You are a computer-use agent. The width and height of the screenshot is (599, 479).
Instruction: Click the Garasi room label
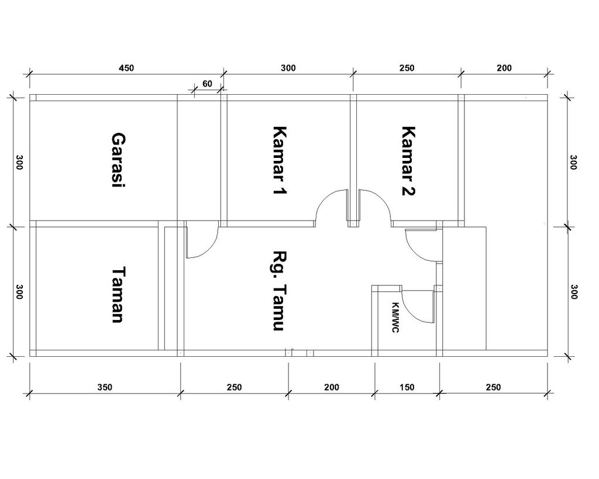(118, 160)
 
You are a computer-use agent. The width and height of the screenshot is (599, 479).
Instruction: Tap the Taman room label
(118, 295)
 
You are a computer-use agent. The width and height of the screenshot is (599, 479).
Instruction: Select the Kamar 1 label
(280, 160)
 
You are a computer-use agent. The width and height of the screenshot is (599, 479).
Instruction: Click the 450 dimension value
(126, 68)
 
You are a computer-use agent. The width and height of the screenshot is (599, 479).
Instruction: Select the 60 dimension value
(207, 84)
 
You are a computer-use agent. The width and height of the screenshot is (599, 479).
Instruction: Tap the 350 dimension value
(105, 387)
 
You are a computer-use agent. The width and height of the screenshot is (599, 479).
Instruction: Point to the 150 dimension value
(407, 387)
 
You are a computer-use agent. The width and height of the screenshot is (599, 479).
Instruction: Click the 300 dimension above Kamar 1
(288, 68)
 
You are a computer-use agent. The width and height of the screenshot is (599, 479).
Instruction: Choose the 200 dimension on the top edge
(504, 68)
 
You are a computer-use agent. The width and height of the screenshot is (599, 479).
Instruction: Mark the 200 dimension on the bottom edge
(332, 387)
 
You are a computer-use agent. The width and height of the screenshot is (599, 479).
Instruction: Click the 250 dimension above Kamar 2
(407, 68)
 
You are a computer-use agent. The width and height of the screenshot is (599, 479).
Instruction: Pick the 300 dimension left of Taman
(19, 291)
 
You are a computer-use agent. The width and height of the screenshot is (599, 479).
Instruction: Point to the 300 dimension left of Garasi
(19, 163)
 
